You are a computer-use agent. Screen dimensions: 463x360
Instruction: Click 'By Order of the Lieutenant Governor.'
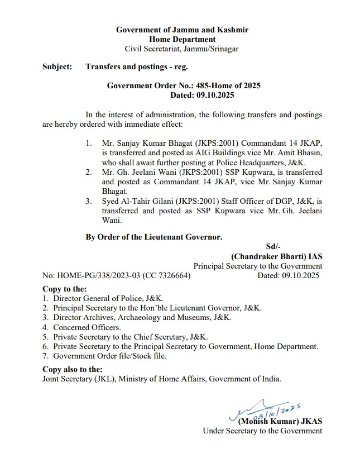[153, 237]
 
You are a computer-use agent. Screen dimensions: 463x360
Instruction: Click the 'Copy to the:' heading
[65, 289]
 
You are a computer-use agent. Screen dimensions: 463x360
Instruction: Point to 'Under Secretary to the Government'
[262, 431]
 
